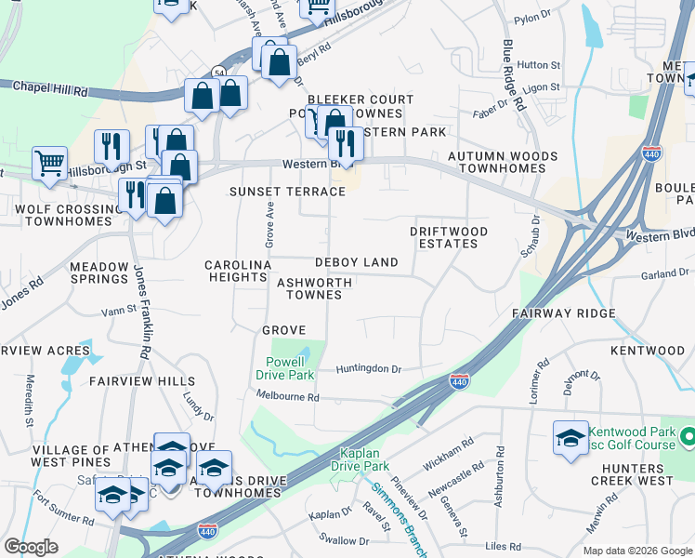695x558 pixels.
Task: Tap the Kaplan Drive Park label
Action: click(x=362, y=459)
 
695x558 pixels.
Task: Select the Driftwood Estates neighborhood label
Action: click(x=444, y=237)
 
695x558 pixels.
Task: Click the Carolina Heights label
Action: click(x=238, y=271)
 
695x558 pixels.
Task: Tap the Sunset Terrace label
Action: click(x=287, y=192)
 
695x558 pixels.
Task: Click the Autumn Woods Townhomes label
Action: click(x=503, y=162)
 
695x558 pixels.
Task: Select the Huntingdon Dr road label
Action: click(x=369, y=369)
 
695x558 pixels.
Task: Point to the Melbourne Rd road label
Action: click(x=288, y=397)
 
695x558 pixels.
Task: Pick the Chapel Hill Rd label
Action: click(x=50, y=88)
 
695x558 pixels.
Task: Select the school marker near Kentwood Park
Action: click(x=570, y=437)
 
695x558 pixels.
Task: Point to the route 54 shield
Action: click(x=218, y=72)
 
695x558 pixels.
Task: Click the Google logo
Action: click(x=31, y=547)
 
